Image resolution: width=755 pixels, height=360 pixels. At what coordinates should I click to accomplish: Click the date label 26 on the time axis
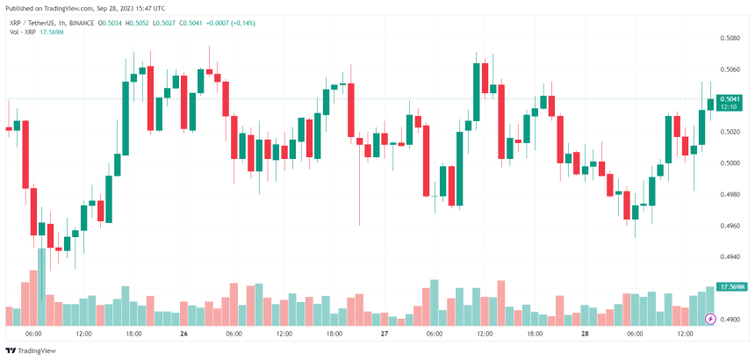(x=183, y=335)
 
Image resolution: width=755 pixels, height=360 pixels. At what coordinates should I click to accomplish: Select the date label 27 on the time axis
(x=384, y=335)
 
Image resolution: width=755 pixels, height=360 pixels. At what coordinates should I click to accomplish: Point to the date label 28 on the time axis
(x=585, y=335)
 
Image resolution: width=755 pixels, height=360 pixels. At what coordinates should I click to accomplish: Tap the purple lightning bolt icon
(x=712, y=319)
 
